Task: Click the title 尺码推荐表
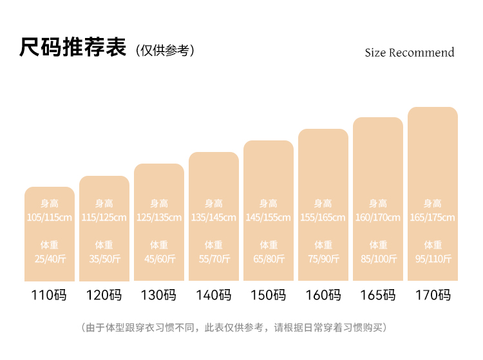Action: [x=73, y=48]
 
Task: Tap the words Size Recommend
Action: [x=409, y=53]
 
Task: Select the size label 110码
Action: [x=49, y=296]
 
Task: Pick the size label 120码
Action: [x=104, y=296]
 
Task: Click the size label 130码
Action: [x=158, y=296]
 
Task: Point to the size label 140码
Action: [x=213, y=296]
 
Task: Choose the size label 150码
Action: [x=268, y=296]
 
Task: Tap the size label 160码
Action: [x=323, y=296]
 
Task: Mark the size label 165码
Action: [x=377, y=296]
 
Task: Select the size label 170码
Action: [x=432, y=296]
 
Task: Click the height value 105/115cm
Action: [x=49, y=218]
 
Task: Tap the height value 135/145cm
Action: [x=213, y=218]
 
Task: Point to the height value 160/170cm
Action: [x=377, y=218]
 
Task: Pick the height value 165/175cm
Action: [x=432, y=218]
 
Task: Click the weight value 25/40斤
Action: [x=49, y=259]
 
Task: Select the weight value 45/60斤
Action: [x=158, y=259]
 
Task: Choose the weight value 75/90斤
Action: [x=323, y=259]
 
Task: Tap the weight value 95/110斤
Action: [x=432, y=259]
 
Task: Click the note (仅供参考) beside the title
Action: [x=165, y=50]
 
